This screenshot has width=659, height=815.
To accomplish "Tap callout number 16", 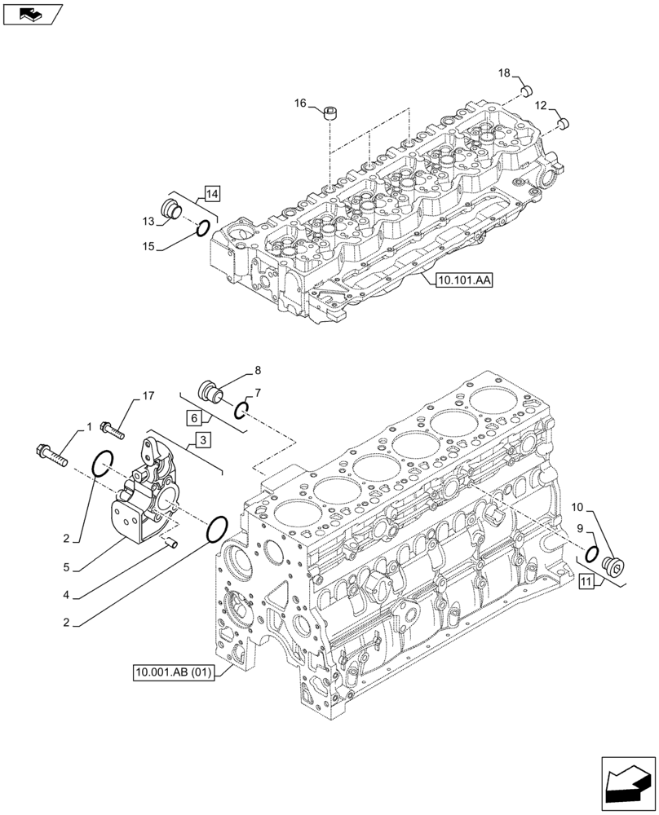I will [300, 103].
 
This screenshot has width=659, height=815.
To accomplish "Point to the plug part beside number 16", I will [331, 112].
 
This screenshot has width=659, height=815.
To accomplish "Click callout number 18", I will [505, 74].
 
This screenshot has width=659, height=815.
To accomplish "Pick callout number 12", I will [541, 105].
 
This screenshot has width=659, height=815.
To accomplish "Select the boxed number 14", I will [212, 194].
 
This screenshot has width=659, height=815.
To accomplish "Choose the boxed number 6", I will [192, 418].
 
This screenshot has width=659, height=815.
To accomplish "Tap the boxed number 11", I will [586, 581].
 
